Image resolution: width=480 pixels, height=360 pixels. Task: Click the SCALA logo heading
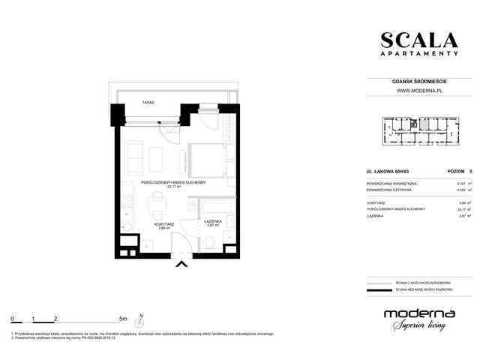pos(418,40)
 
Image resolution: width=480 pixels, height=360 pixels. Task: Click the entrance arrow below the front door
pos(180,263)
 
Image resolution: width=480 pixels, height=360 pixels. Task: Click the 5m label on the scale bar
pos(122,319)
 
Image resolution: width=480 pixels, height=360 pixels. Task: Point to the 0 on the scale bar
pos(12,319)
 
